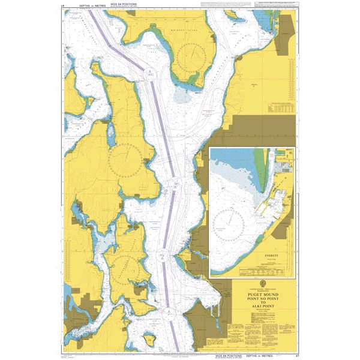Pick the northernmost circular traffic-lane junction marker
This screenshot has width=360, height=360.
tap(148, 74)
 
